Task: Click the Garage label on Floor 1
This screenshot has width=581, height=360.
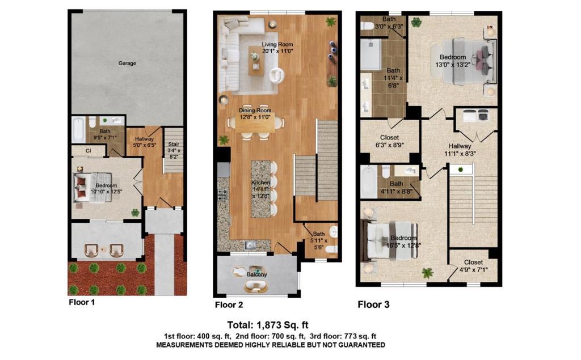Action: pos(127,63)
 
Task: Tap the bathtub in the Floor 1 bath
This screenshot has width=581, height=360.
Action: pos(78,129)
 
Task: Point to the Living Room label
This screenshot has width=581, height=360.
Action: pos(277,44)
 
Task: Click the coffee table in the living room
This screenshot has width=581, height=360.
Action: pos(256,61)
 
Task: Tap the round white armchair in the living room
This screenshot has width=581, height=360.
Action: pos(276,75)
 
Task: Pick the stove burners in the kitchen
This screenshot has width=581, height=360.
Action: pos(223,193)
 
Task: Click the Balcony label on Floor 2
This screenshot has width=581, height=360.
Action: pos(257,274)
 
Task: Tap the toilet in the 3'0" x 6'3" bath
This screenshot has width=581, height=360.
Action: pos(367,26)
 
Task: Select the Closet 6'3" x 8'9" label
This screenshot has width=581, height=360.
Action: pos(389,141)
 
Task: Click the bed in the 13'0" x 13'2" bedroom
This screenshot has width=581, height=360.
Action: pos(468,60)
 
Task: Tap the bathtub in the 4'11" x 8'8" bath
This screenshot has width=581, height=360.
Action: pos(369,181)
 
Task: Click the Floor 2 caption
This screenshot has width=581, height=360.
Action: pos(229,305)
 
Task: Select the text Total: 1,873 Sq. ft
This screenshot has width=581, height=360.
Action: pos(268,325)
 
